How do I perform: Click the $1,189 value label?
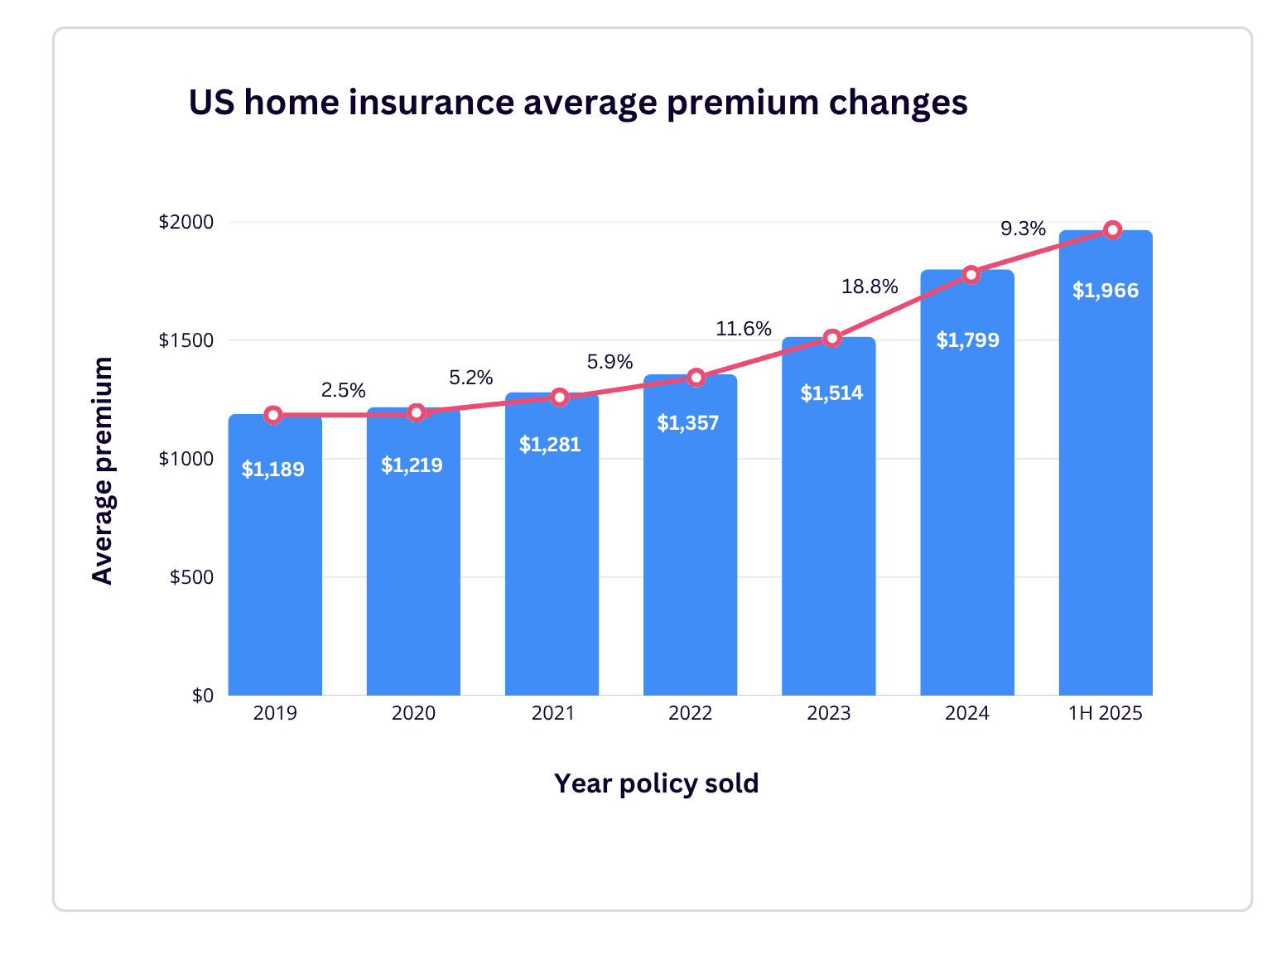[x=272, y=470]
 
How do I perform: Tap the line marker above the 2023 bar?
[x=832, y=338]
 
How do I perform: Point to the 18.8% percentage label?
[x=870, y=287]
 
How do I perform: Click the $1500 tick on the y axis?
[x=186, y=340]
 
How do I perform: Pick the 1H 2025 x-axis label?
[x=1105, y=713]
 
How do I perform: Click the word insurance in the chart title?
[x=431, y=103]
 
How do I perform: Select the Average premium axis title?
[x=103, y=470]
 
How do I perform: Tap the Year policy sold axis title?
[x=656, y=783]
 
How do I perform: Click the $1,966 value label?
[x=1106, y=291]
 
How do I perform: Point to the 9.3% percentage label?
[x=1023, y=229]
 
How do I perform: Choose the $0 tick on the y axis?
[x=202, y=696]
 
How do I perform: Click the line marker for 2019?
[x=273, y=415]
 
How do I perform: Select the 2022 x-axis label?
[x=690, y=713]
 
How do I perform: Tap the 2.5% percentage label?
[x=343, y=390]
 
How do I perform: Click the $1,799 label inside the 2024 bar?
[x=967, y=340]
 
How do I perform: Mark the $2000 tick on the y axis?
[x=186, y=222]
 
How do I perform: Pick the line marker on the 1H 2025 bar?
[x=1113, y=229]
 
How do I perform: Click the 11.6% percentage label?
[x=744, y=329]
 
